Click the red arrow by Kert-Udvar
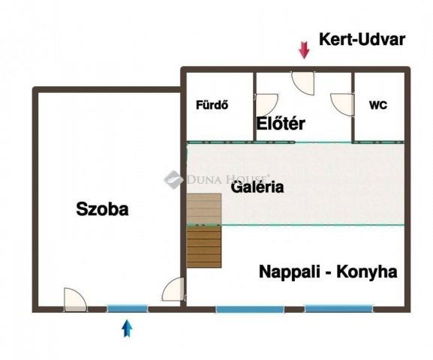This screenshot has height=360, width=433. pyautogui.click(x=304, y=50)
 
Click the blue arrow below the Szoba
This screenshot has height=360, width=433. pyautogui.click(x=127, y=327)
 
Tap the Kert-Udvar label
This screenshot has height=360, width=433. pyautogui.click(x=362, y=40)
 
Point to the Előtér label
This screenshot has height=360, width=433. pyautogui.click(x=281, y=124)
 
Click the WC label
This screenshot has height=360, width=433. pyautogui.click(x=378, y=106)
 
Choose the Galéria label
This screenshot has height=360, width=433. pyautogui.click(x=257, y=187)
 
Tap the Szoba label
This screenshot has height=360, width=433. pyautogui.click(x=103, y=209)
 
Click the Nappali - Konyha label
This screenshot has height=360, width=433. pyautogui.click(x=327, y=271)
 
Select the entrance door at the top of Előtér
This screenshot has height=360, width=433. pyautogui.click(x=303, y=80)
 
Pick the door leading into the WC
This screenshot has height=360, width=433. pyautogui.click(x=342, y=104)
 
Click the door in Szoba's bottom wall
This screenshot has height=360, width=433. pyautogui.click(x=74, y=301)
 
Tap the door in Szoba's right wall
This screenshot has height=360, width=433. pyautogui.click(x=174, y=289)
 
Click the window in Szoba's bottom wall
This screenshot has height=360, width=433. pyautogui.click(x=127, y=308)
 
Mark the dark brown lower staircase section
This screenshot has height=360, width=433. pyautogui.click(x=204, y=247)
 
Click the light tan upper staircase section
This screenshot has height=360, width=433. pyautogui.click(x=204, y=208)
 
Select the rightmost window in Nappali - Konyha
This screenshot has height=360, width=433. pyautogui.click(x=338, y=308)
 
